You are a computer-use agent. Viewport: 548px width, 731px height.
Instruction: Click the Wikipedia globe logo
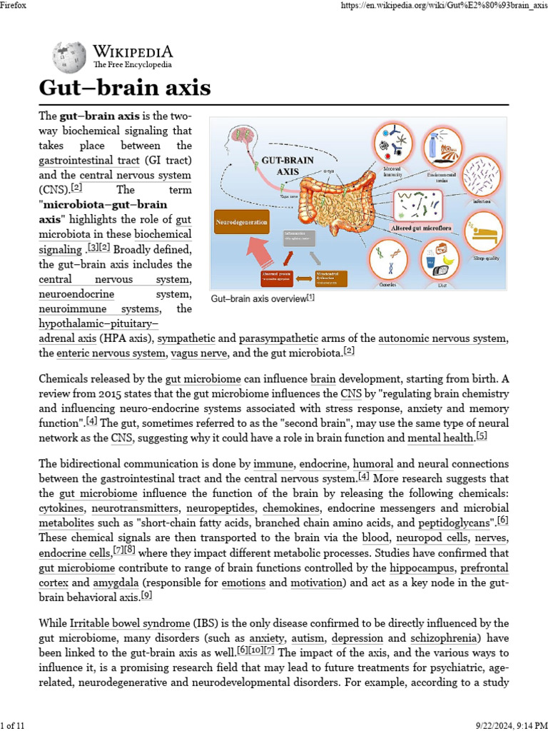pyautogui.click(x=69, y=56)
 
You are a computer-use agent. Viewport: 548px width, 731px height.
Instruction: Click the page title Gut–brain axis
pyautogui.click(x=125, y=88)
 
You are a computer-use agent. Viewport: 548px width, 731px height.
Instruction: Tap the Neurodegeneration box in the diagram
pyautogui.click(x=243, y=222)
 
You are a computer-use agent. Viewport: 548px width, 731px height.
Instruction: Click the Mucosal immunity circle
pyautogui.click(x=392, y=141)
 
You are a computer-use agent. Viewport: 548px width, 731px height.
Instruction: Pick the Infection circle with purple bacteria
pyautogui.click(x=482, y=176)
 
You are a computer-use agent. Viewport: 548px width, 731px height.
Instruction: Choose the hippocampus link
pyautogui.click(x=422, y=568)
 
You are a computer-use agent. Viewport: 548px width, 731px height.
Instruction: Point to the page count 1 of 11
pyautogui.click(x=13, y=725)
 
